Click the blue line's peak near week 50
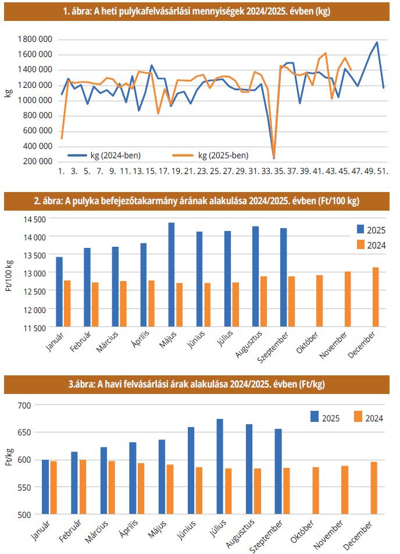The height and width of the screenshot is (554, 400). coord(377,42)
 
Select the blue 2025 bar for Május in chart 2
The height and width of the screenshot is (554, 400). coord(172,275)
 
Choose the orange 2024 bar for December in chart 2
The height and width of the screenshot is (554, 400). coord(376,297)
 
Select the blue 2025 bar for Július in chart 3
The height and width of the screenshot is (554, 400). coord(220,466)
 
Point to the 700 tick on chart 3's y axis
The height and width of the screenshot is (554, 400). coord(27,404)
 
